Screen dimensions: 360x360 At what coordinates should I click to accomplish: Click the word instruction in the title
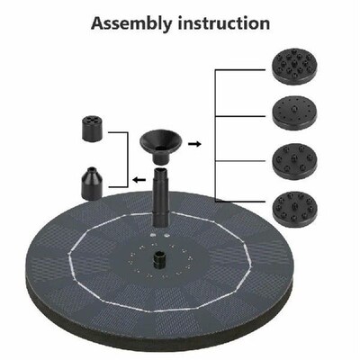221,22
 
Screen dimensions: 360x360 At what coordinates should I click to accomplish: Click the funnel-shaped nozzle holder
163,142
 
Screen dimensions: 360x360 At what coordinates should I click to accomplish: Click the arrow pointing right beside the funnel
194,142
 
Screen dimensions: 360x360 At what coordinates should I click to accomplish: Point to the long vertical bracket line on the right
214,135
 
